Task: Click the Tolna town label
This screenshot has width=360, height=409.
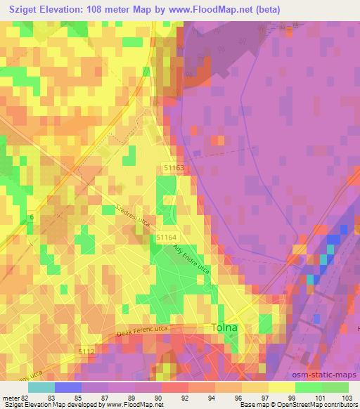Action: point(226,328)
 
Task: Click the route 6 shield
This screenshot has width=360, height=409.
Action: point(31,219)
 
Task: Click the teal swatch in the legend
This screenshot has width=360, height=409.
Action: point(41,387)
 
